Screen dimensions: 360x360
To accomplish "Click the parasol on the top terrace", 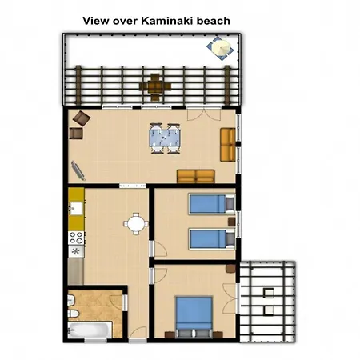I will (x=220, y=47).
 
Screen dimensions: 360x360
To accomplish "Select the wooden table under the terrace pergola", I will (x=154, y=82).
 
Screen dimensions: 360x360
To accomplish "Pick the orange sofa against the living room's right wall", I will (x=228, y=144).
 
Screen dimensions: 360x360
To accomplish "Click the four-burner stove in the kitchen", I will (x=78, y=238).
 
